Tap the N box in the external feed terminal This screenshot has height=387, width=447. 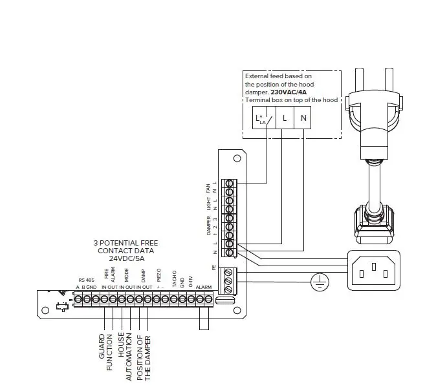[303, 119]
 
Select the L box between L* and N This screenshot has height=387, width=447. [283, 119]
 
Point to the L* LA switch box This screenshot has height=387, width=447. [263, 119]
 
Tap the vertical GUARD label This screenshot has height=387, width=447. [102, 346]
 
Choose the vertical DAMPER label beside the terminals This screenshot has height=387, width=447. [208, 222]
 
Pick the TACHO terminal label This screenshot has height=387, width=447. [174, 279]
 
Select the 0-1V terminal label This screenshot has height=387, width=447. [191, 280]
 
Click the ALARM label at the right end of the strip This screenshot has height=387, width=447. [204, 286]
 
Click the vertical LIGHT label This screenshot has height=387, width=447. [208, 204]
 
